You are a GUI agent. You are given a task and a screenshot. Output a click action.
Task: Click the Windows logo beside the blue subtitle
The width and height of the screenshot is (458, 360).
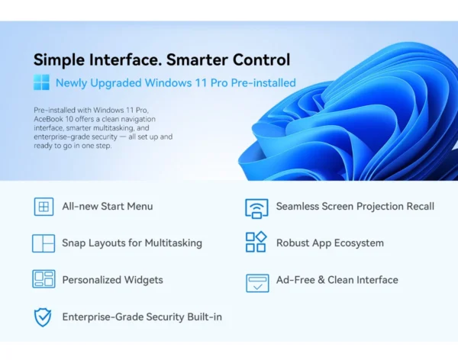tap(41, 82)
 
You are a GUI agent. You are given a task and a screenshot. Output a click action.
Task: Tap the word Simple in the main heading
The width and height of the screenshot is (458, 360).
tap(60, 60)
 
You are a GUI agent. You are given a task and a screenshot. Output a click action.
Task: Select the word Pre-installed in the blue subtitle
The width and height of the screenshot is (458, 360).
tap(263, 83)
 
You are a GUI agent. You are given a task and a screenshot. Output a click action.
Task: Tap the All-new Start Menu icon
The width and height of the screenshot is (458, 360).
tap(44, 207)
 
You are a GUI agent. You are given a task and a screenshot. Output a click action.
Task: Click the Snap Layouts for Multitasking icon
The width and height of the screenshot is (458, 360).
tap(44, 243)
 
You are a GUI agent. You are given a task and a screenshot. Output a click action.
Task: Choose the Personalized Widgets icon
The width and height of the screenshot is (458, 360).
tap(44, 279)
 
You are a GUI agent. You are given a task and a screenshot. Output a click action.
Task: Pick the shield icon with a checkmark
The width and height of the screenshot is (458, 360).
tap(43, 317)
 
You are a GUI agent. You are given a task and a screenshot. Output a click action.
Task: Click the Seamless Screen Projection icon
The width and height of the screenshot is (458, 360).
tap(256, 208)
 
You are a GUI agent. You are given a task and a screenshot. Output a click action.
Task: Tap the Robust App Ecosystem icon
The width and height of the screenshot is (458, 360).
tap(256, 242)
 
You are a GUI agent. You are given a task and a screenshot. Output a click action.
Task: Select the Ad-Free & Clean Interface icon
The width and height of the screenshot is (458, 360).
tap(257, 283)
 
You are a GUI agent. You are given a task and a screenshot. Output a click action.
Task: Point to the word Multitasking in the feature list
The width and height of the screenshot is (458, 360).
tap(173, 243)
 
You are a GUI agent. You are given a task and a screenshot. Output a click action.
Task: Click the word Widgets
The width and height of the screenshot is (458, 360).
tap(144, 280)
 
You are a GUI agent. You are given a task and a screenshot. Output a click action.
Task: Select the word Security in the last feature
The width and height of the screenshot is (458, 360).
tap(165, 317)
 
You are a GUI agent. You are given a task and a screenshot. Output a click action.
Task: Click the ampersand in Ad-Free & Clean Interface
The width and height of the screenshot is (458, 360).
tap(321, 280)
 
